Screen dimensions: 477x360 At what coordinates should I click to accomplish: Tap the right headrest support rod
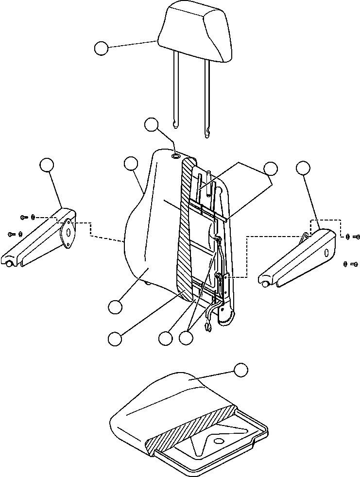[207, 92]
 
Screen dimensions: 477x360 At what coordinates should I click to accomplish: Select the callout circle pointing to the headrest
[101, 49]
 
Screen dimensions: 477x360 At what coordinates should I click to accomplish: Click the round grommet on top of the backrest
[176, 156]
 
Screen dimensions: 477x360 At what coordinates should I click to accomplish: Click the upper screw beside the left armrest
[24, 217]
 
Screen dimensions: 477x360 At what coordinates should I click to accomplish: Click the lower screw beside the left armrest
[12, 234]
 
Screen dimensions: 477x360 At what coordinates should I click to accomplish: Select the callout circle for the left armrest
[47, 165]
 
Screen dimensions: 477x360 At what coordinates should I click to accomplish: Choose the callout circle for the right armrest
[303, 168]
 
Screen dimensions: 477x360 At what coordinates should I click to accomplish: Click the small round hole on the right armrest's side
[326, 252]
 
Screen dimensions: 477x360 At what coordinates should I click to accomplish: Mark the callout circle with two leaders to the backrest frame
[270, 169]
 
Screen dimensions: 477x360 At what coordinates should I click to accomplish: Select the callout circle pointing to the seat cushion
[240, 370]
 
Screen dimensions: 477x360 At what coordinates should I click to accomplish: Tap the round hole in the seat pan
[218, 441]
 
